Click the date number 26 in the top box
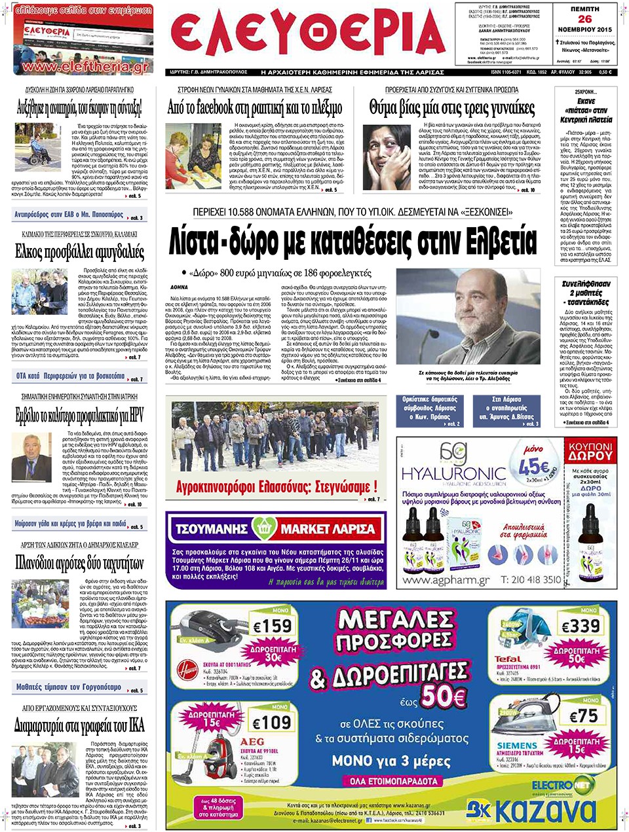pos(584,20)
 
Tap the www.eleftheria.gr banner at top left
pos(83,67)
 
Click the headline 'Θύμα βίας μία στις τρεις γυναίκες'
pos(451,107)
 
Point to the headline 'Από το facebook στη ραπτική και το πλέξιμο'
pos(255,107)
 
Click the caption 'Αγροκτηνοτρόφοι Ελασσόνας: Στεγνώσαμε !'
pos(276,486)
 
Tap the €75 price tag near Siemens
pos(582,716)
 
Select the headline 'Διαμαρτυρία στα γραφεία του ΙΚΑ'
pos(79,725)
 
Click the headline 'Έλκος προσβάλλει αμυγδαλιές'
pos(79,251)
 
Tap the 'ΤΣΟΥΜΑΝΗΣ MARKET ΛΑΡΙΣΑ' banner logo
pos(275,528)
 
